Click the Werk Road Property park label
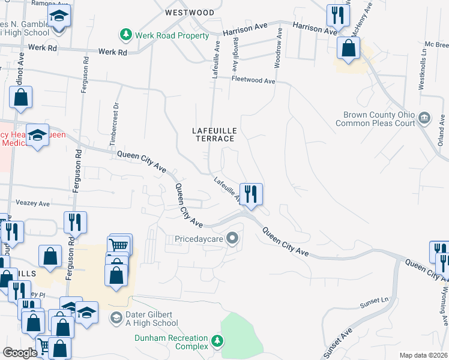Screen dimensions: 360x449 point(172,36)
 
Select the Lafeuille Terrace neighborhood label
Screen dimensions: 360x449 point(213,134)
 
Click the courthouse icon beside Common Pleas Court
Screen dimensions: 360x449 point(425,117)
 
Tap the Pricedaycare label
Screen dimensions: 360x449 point(199,239)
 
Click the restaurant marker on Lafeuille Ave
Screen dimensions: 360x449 point(251,194)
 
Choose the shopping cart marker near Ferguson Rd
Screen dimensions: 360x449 point(119,245)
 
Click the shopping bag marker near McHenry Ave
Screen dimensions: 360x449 point(348,48)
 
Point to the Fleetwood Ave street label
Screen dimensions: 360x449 point(253,80)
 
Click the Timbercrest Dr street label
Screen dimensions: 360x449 point(112,124)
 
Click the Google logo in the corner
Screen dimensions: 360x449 point(20,353)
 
